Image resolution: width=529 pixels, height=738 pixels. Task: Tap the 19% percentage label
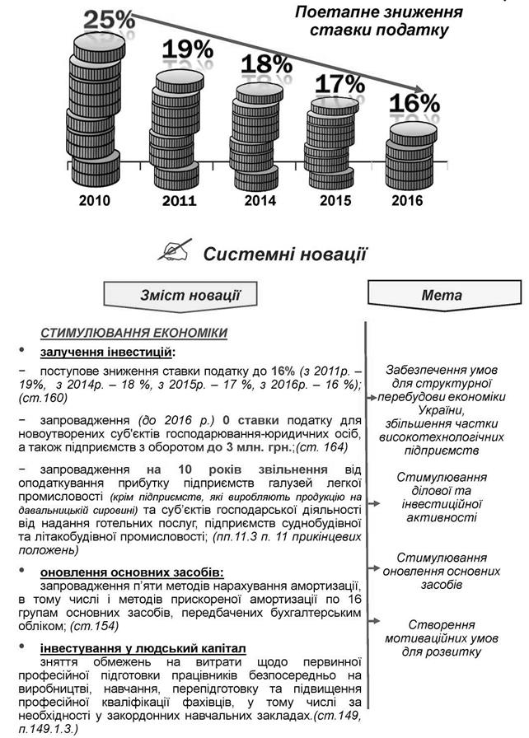187,51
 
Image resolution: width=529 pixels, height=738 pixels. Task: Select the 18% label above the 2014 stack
266,64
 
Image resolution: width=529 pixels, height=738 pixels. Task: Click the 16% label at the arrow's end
415,104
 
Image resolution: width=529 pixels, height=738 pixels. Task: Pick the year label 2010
95,200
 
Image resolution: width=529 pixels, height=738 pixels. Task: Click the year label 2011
179,200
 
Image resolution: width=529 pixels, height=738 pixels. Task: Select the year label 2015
335,200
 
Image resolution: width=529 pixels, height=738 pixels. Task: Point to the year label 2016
407,200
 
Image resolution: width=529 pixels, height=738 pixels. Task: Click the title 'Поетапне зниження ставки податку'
378,21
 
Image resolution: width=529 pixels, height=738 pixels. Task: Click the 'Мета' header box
442,295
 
